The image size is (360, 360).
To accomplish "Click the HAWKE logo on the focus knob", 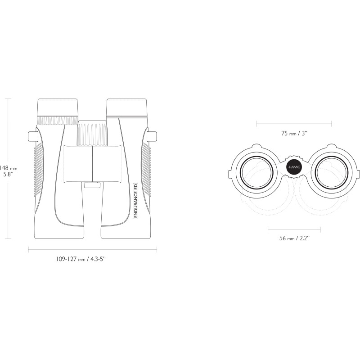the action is pyautogui.click(x=294, y=167).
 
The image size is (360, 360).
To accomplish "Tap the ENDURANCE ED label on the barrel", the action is pyautogui.click(x=135, y=201).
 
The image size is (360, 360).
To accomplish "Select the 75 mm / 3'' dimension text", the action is pyautogui.click(x=294, y=133).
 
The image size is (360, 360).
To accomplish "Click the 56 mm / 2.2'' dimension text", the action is pyautogui.click(x=294, y=238).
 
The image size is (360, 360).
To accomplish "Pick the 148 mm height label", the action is pyautogui.click(x=9, y=168).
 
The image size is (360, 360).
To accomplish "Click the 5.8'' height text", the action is pyautogui.click(x=9, y=174).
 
